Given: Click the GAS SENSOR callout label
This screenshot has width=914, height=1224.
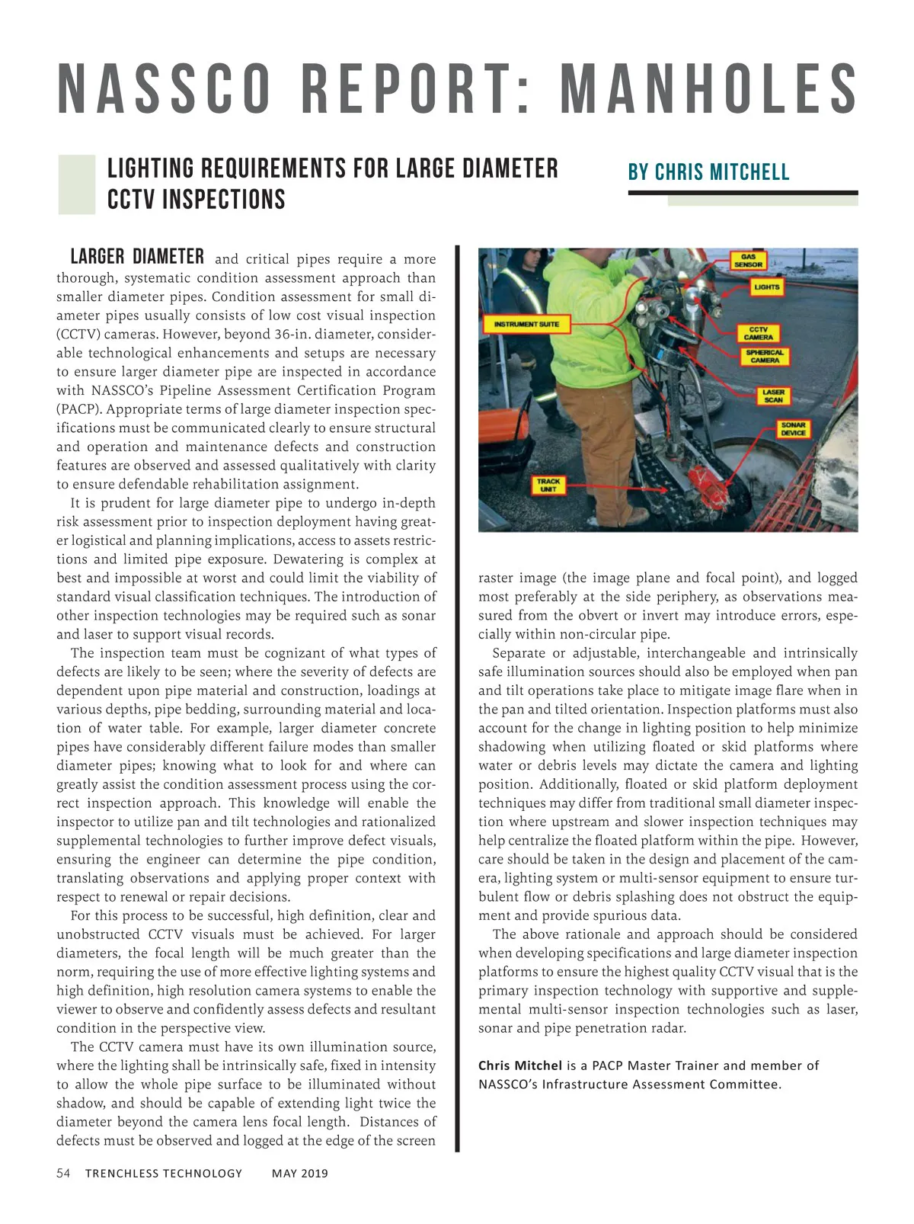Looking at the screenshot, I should [x=748, y=261].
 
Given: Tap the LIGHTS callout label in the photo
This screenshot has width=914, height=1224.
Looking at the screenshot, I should [x=766, y=287].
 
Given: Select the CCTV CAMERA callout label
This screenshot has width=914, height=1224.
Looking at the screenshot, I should [x=758, y=334].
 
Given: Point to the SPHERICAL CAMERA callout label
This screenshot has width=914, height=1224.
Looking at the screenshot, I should [x=764, y=357].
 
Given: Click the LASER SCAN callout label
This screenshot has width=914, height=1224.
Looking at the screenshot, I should [x=772, y=396].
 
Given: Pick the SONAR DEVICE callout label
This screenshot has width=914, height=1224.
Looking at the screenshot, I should [x=793, y=429].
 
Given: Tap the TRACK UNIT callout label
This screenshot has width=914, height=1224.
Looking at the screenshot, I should [x=548, y=485].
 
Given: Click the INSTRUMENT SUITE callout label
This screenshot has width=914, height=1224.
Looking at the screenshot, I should [x=526, y=325].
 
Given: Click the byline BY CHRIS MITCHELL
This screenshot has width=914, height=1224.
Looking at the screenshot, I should [x=708, y=172].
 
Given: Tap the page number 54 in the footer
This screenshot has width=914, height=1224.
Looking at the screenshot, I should [x=63, y=1173].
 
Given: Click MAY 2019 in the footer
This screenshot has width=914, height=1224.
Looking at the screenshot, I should [x=299, y=1174].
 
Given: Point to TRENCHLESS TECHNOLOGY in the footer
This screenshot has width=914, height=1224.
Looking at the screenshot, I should [x=163, y=1174].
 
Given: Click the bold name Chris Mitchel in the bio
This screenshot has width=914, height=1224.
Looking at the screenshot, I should [x=520, y=1065].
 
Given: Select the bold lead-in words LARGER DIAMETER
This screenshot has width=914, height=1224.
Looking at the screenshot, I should [x=137, y=257].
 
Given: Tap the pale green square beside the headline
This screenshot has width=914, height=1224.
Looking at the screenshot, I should [x=76, y=184].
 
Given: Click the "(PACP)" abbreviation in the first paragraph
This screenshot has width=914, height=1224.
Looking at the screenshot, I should [x=78, y=409].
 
